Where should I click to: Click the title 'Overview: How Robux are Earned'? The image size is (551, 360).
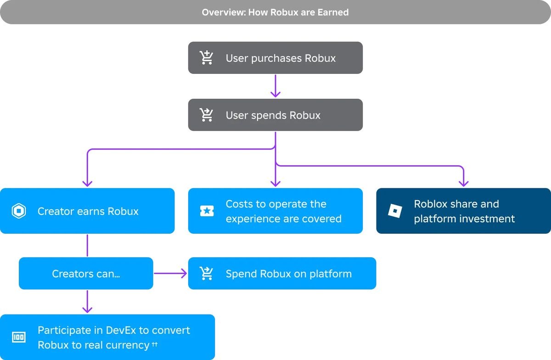[275, 12]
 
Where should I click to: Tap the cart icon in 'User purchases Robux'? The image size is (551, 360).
[206, 57]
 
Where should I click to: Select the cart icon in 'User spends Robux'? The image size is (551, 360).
[206, 115]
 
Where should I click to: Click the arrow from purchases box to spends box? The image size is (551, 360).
[275, 86]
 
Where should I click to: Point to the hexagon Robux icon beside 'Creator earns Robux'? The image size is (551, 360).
[19, 211]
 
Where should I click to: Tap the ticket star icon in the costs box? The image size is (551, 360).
[207, 211]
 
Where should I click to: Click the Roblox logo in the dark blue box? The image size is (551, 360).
[395, 211]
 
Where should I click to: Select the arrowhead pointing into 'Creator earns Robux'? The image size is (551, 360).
[87, 184]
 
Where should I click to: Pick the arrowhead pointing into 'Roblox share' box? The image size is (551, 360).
[463, 184]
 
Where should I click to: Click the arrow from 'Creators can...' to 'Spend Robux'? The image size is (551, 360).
[170, 273]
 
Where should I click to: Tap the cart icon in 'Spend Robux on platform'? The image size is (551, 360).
[206, 273]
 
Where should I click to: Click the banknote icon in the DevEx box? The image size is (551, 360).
[19, 337]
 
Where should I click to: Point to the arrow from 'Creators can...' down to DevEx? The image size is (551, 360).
[87, 301]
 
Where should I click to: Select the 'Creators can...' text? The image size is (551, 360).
[86, 274]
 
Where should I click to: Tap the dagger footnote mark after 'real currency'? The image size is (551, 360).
[154, 344]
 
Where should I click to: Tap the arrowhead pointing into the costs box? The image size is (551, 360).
[275, 184]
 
